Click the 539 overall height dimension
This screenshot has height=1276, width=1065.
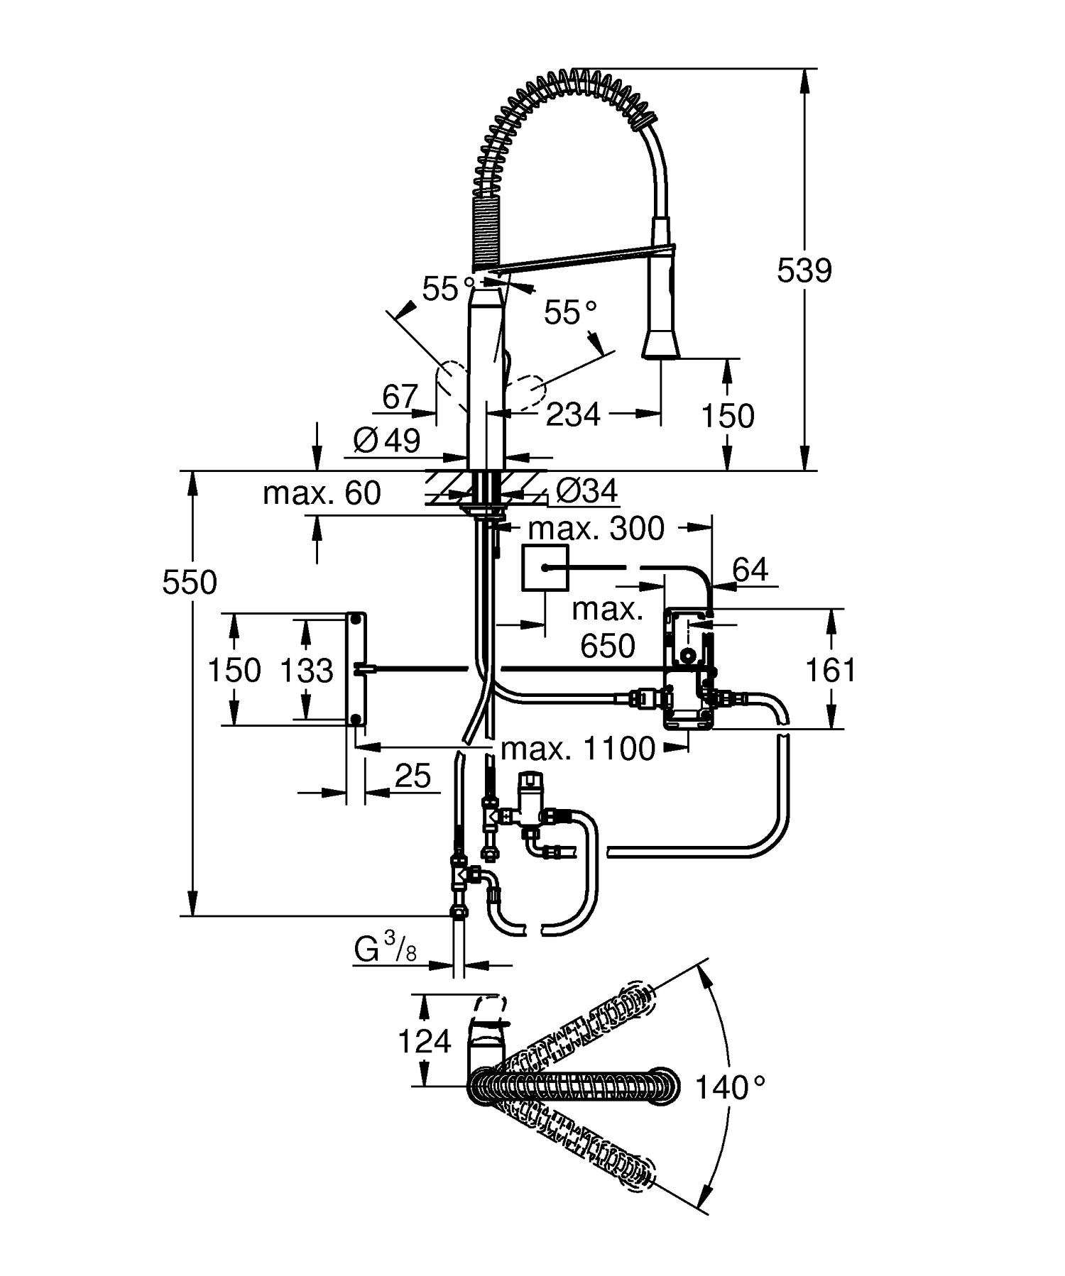(804, 270)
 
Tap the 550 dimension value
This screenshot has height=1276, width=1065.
(190, 583)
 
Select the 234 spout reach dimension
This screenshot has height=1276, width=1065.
(573, 414)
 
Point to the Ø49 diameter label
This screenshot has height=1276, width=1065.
(388, 441)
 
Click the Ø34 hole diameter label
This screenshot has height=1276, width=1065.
(586, 491)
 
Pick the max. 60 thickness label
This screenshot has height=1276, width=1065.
(322, 493)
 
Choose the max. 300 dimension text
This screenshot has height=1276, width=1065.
(596, 528)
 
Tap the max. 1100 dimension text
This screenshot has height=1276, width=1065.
(577, 749)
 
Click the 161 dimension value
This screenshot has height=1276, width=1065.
(831, 670)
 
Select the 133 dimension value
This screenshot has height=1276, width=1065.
(307, 670)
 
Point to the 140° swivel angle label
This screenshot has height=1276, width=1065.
(729, 1087)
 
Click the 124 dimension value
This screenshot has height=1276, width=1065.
(424, 1041)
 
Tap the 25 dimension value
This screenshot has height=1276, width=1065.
(413, 776)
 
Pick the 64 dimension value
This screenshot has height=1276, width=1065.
(750, 569)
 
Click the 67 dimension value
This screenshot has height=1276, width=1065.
(400, 397)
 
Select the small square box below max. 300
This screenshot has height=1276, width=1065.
(545, 568)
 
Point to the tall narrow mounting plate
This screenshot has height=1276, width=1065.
(356, 669)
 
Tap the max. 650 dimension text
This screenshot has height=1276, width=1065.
(607, 628)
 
